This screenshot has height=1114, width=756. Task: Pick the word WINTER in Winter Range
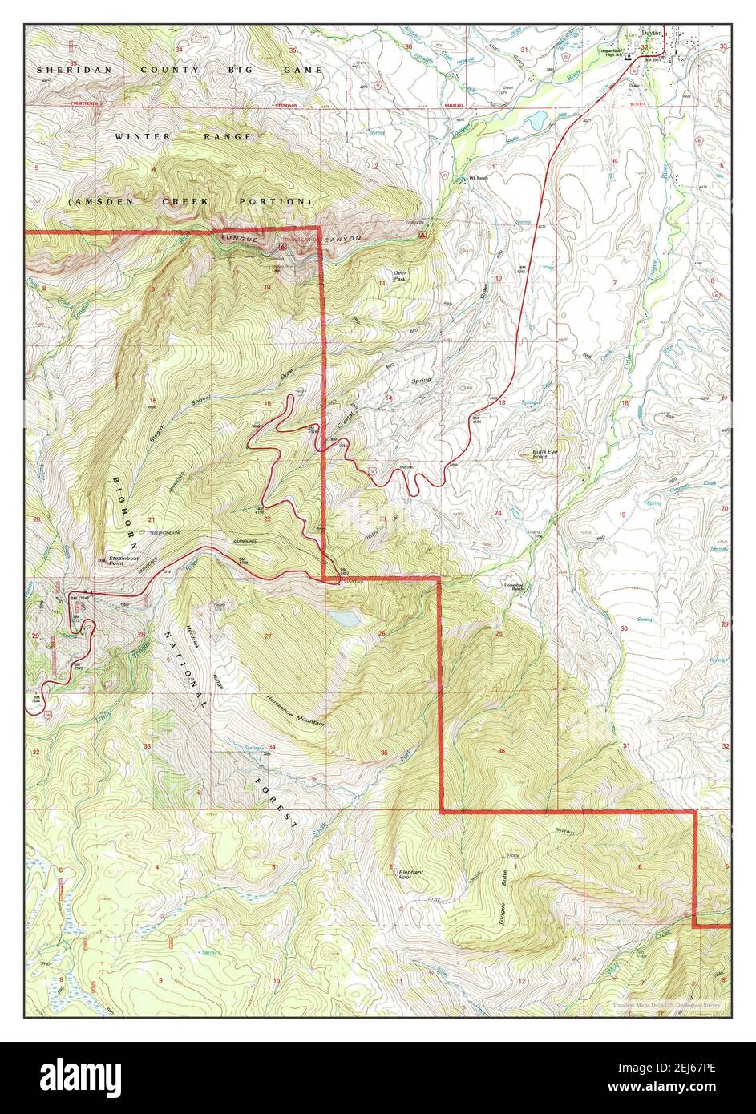tap(143, 137)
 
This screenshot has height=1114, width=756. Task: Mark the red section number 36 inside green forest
tap(501, 751)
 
